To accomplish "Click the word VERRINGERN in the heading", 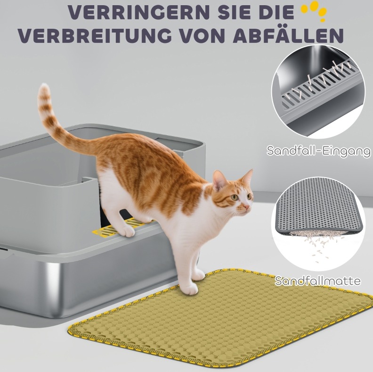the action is click(139, 12).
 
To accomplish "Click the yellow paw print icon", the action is click(314, 11).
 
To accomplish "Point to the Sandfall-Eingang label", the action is click(318, 151).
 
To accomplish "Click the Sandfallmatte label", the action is click(317, 281).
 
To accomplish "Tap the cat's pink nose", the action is click(247, 207).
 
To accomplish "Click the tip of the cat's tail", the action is click(44, 86).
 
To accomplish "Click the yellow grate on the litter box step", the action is click(119, 227).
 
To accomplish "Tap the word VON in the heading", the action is click(202, 36).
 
